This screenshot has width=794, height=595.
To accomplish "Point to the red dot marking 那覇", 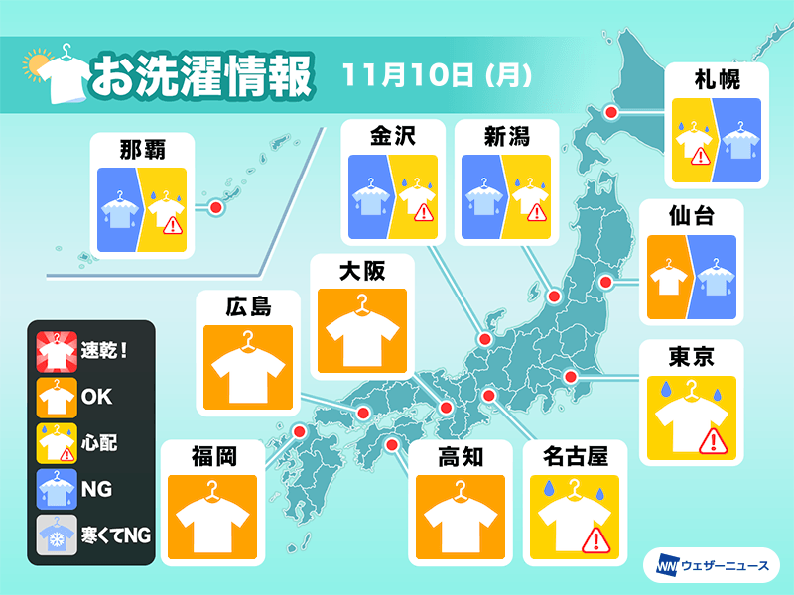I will click(x=214, y=207).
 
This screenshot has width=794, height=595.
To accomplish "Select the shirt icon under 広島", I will click(x=249, y=368).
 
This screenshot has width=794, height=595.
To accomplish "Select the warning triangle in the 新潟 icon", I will click(x=538, y=211).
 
